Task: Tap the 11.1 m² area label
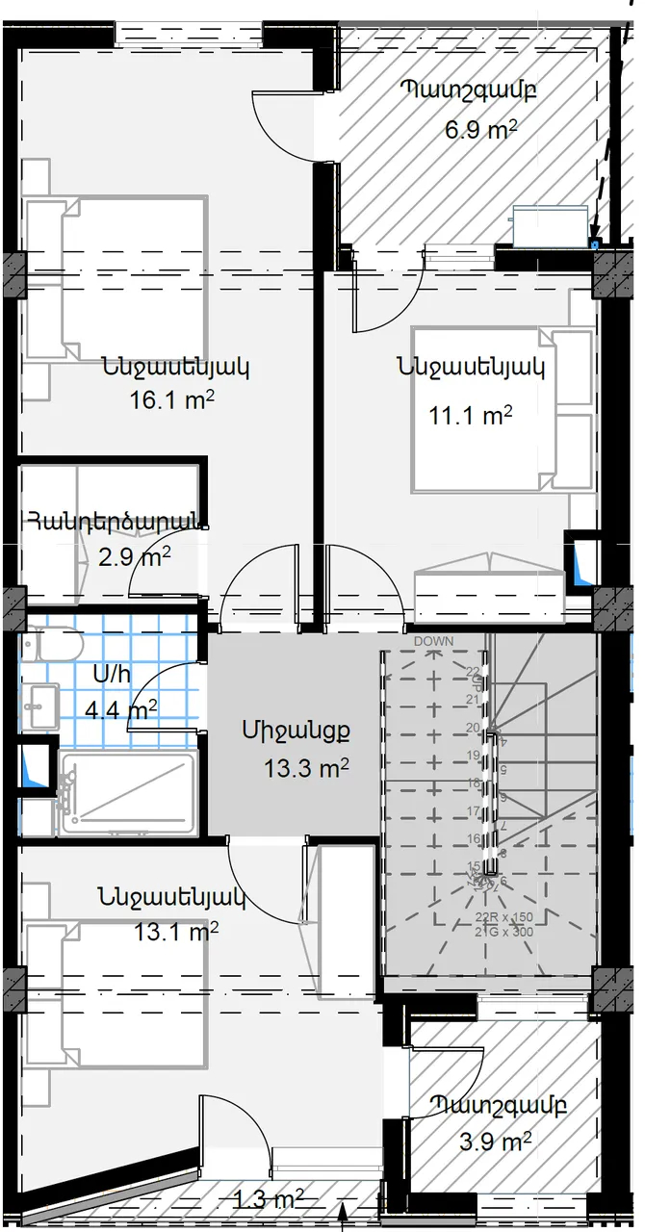[x=470, y=415]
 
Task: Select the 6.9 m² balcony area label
[x=481, y=130]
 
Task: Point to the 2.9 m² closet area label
[x=135, y=556]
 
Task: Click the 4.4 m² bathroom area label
[x=121, y=710]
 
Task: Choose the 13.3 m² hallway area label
[x=305, y=768]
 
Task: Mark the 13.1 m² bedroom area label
[x=176, y=931]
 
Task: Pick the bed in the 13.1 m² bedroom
[x=116, y=996]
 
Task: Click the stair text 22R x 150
[x=505, y=916]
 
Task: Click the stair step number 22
[x=473, y=671]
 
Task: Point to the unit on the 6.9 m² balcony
[x=550, y=222]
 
